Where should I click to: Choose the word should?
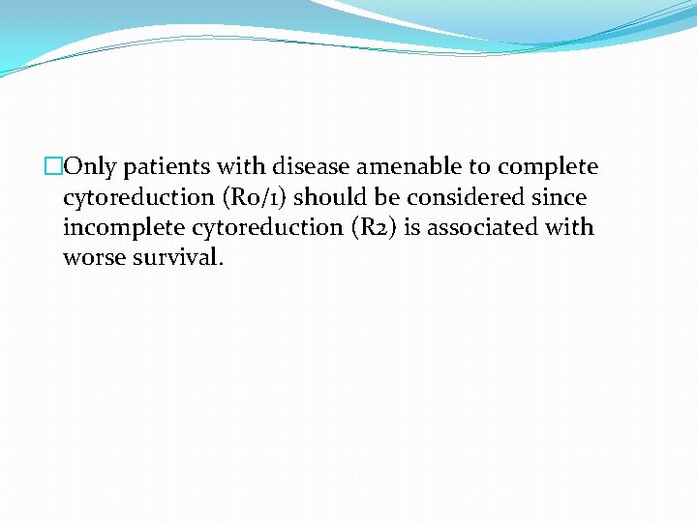point(329,197)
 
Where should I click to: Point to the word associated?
point(483,228)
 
